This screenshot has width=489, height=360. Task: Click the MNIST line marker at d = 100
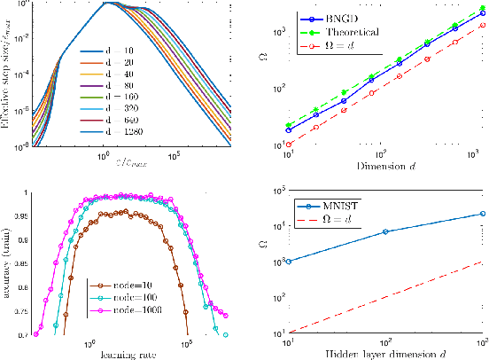(384, 231)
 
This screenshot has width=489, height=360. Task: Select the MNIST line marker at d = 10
(288, 262)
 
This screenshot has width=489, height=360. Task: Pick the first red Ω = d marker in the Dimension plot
(288, 144)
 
